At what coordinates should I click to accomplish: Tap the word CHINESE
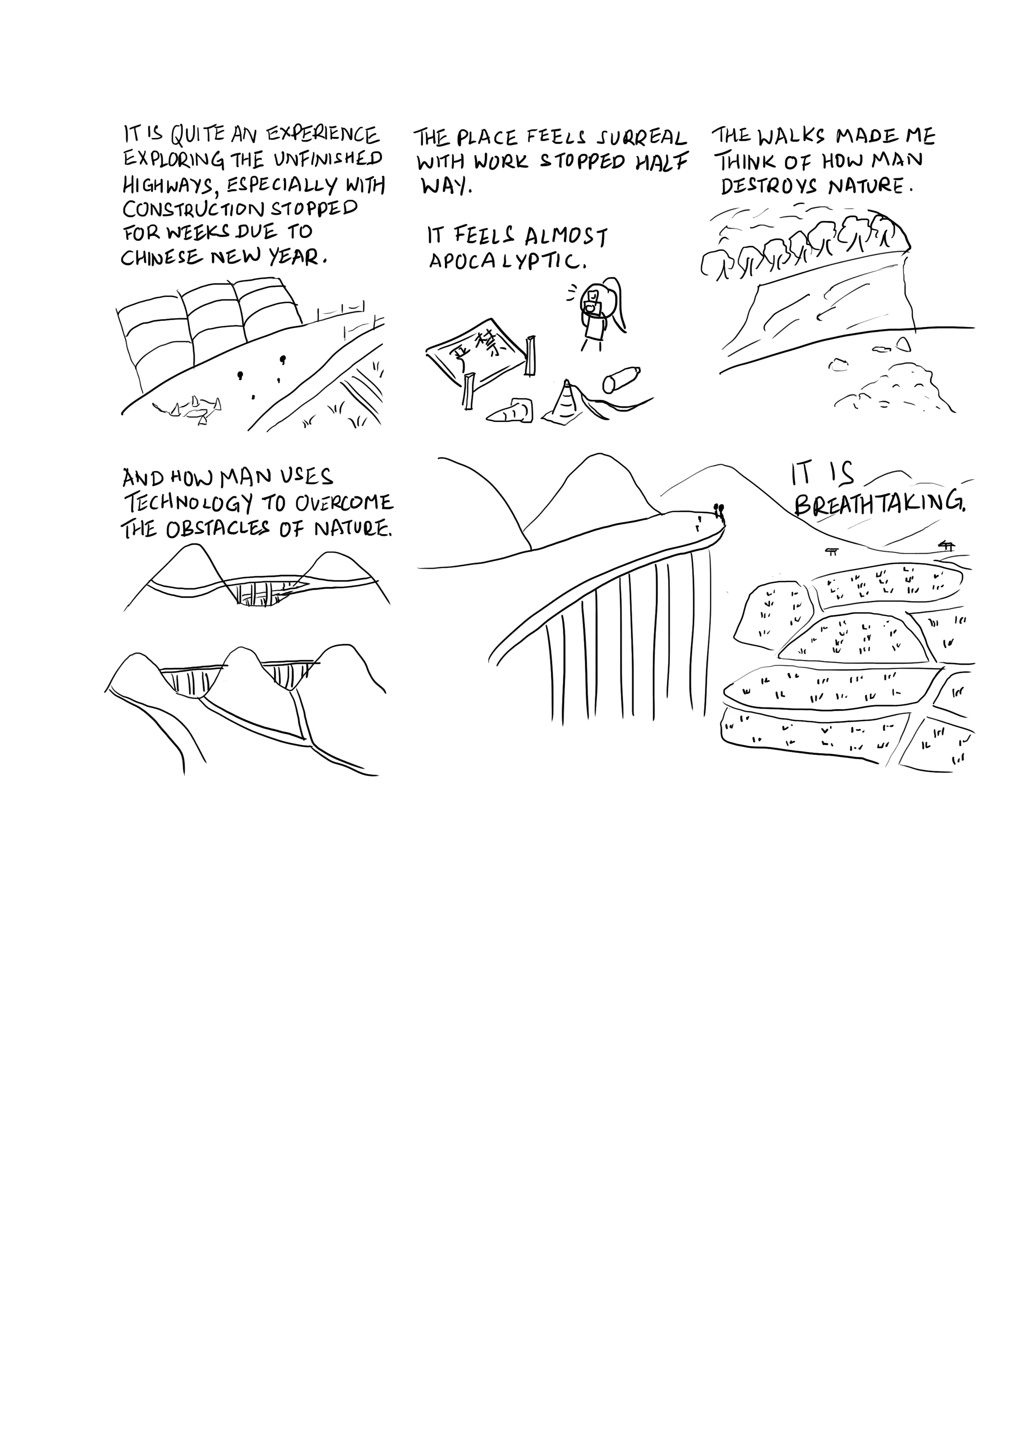click(x=162, y=258)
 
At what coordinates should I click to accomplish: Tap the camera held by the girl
click(x=592, y=308)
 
